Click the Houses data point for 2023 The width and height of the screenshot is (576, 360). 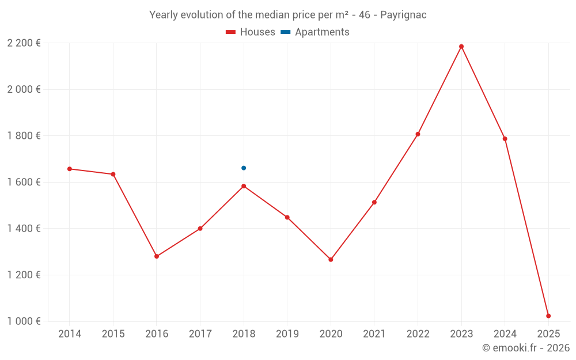click(461, 47)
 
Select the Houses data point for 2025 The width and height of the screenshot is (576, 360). click(548, 316)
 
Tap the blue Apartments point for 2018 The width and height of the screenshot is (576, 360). click(244, 168)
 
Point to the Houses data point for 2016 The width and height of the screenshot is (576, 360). click(157, 256)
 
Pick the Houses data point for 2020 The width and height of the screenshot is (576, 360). click(331, 260)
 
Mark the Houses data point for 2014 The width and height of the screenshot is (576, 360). click(70, 169)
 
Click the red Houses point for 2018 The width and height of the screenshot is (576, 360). click(244, 186)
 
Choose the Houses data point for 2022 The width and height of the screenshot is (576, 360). click(418, 134)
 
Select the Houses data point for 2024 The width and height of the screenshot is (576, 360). click(505, 139)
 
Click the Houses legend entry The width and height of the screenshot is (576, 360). click(251, 32)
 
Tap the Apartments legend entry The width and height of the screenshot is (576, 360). click(315, 32)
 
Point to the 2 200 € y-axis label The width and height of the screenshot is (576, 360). click(24, 43)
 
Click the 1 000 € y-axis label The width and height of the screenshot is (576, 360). click(24, 321)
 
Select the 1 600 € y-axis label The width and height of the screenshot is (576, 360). click(24, 182)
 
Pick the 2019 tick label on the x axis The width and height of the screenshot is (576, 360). click(287, 334)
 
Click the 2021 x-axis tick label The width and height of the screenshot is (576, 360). click(374, 334)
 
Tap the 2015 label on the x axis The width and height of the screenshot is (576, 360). click(113, 334)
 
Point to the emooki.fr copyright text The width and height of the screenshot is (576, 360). click(525, 348)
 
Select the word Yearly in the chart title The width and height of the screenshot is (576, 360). click(164, 15)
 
